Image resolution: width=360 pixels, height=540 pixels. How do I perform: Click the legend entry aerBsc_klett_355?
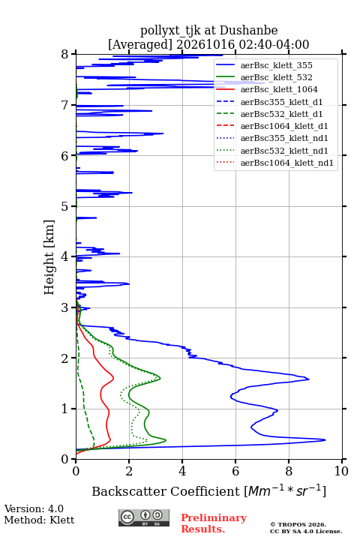click(x=276, y=65)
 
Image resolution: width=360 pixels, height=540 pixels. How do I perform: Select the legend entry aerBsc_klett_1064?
click(x=279, y=89)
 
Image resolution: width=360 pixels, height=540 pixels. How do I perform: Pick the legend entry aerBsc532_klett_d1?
click(x=281, y=114)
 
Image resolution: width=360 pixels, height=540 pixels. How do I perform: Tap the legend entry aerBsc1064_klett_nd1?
click(x=287, y=163)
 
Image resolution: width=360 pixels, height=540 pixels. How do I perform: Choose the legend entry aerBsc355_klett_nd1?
click(x=284, y=139)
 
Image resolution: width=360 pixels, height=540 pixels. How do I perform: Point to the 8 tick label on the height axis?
click(x=65, y=55)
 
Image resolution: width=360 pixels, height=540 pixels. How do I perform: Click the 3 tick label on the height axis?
click(x=65, y=307)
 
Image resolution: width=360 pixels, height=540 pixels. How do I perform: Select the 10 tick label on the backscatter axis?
click(x=341, y=471)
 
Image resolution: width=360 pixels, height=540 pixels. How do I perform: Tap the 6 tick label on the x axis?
click(x=235, y=471)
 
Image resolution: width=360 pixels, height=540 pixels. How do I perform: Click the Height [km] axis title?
click(x=49, y=257)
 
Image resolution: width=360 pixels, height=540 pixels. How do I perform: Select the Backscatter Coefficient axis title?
click(x=208, y=491)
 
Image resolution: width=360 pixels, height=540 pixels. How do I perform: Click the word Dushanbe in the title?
click(x=248, y=31)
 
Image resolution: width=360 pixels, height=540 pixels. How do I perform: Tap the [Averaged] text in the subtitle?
click(x=140, y=45)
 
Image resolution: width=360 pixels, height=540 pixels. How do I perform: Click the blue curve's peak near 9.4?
click(x=325, y=439)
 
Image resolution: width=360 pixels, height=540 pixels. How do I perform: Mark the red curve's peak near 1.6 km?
click(x=113, y=379)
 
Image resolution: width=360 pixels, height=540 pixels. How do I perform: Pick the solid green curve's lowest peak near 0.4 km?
click(x=166, y=440)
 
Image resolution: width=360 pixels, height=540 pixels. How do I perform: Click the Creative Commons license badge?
click(x=144, y=518)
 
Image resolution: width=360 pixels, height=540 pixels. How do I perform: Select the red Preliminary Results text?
click(x=214, y=523)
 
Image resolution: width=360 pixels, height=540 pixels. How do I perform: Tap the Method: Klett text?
click(x=39, y=520)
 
